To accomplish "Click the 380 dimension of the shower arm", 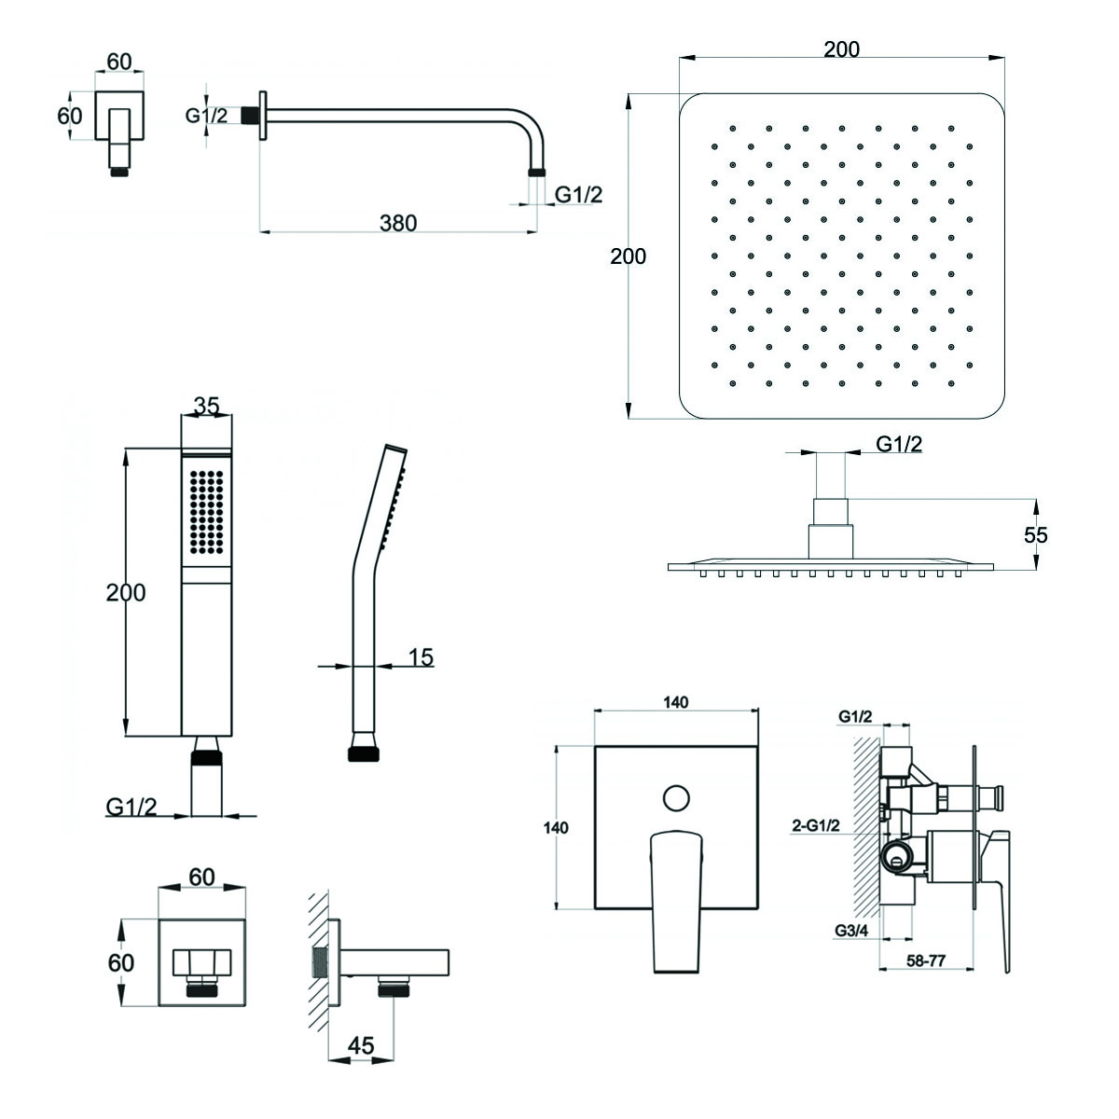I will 398,224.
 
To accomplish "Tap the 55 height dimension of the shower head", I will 1035,534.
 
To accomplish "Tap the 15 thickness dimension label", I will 421,656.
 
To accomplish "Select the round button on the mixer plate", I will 675,798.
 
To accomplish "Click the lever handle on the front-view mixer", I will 675,895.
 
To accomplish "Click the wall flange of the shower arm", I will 263,115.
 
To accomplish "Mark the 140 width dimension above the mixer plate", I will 678,702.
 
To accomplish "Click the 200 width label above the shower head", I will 841,49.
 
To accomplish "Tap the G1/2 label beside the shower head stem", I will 898,445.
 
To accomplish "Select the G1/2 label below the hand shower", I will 131,807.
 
